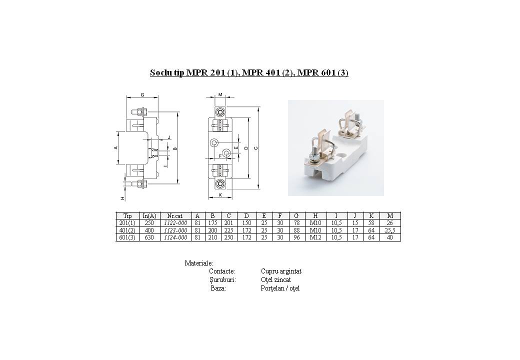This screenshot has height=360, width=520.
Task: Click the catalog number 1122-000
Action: pyautogui.click(x=176, y=223)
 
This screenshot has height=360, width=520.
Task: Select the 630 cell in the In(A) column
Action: pyautogui.click(x=149, y=237)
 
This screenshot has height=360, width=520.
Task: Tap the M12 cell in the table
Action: pyautogui.click(x=315, y=237)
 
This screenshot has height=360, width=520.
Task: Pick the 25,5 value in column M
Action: pyautogui.click(x=390, y=230)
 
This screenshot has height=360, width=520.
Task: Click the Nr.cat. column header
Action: pyautogui.click(x=175, y=216)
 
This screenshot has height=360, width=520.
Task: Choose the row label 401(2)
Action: pyautogui.click(x=127, y=230)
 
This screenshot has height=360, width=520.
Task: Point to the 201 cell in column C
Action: pyautogui.click(x=229, y=223)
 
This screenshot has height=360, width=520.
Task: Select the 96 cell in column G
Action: pyautogui.click(x=297, y=237)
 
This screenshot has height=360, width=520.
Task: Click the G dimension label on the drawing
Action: pyautogui.click(x=142, y=95)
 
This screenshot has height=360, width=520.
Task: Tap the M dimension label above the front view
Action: pyautogui.click(x=220, y=95)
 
